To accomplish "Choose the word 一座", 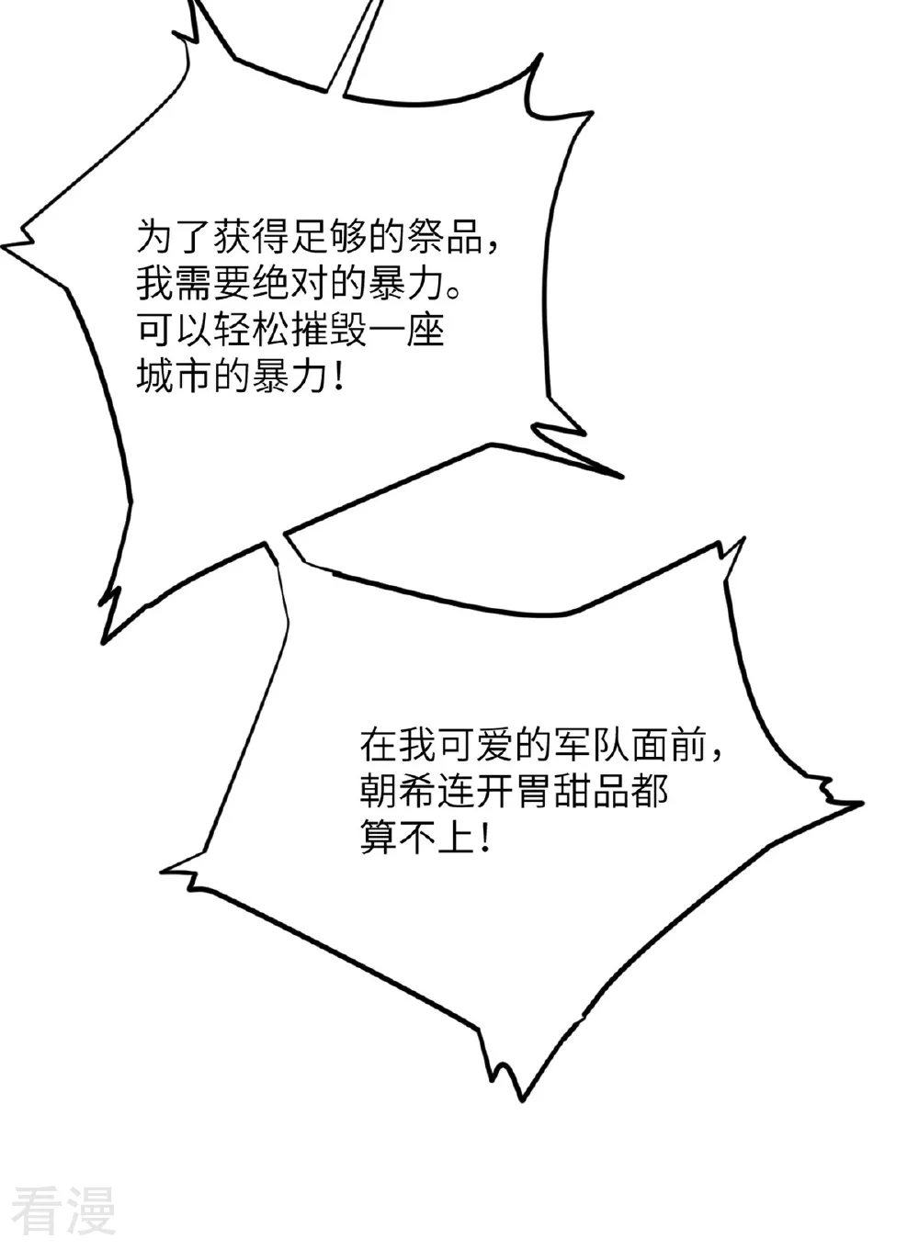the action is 406,331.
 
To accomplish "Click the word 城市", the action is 176,377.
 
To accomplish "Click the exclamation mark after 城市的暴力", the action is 339,377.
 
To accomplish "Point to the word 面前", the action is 668,745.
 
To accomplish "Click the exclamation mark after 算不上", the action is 484,838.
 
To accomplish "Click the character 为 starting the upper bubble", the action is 156,238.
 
